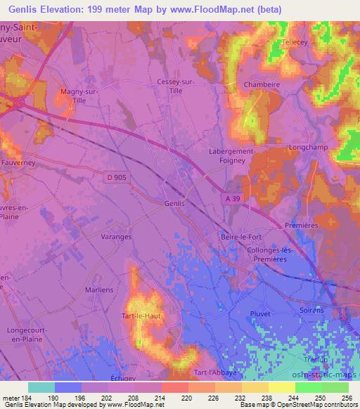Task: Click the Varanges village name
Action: (x=116, y=237)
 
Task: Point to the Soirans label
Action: (x=311, y=310)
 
